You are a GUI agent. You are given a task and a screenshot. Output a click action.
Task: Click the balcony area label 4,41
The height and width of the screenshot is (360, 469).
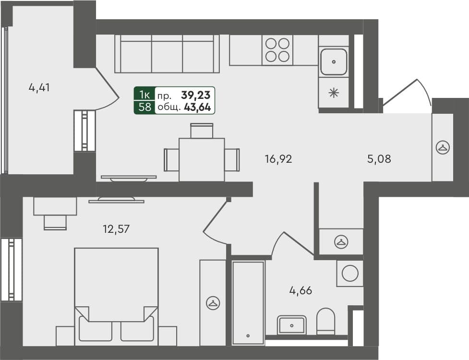[x=39, y=88]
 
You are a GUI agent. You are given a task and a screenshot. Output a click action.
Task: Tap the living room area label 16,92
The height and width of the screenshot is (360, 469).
[x=278, y=159]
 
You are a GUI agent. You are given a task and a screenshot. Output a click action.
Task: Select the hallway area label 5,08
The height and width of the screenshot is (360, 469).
[x=379, y=159]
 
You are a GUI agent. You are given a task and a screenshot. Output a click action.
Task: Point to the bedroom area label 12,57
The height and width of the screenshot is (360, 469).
[x=116, y=229]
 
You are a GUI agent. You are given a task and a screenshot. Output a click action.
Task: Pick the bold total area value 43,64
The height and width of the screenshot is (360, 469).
[x=197, y=108]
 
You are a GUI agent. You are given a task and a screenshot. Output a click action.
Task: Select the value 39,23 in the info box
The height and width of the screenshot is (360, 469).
[x=197, y=95]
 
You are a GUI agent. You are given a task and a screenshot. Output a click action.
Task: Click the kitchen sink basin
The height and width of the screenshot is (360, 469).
[x=334, y=62]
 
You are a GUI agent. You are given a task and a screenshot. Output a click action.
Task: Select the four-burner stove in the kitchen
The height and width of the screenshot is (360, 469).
[x=277, y=50]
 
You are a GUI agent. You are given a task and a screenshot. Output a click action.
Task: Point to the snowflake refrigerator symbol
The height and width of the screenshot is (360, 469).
[x=334, y=93]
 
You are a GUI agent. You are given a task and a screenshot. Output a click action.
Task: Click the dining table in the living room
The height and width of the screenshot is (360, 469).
[x=202, y=159]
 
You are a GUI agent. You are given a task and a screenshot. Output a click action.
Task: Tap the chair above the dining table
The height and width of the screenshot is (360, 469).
[x=202, y=131]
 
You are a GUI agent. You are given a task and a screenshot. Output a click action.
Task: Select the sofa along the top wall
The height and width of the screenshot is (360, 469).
[x=167, y=53]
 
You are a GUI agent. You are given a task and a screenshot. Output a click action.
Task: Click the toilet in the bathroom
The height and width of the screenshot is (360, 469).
[x=326, y=321]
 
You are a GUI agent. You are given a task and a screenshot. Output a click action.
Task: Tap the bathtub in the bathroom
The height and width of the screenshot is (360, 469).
[x=248, y=302]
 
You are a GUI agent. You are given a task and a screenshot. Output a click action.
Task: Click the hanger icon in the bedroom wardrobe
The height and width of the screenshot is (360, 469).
[x=212, y=302]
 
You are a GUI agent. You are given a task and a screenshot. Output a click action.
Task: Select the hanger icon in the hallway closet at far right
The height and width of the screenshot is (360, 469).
[x=442, y=147]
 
